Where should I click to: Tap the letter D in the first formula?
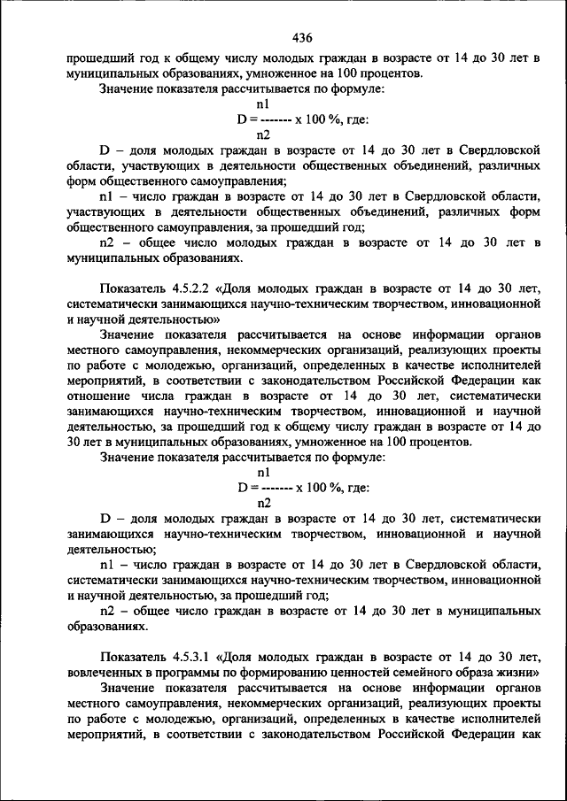(x=240, y=119)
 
